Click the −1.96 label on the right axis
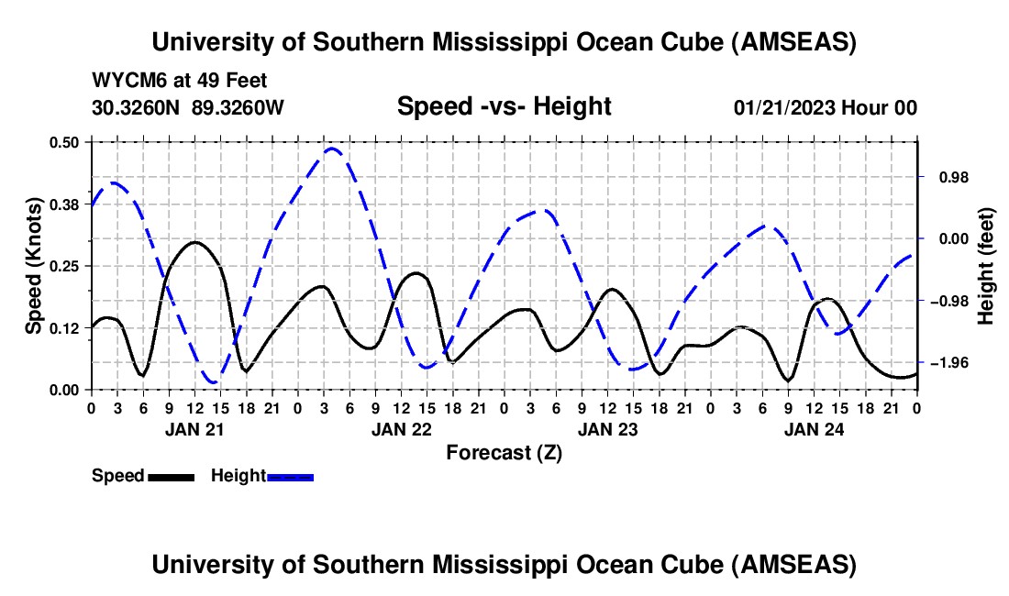point(948,363)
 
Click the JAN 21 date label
point(194,428)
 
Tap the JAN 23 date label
point(607,428)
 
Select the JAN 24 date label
point(814,428)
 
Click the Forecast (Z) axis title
point(504,452)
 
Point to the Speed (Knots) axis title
point(34,266)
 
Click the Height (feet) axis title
point(986,266)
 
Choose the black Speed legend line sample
point(170,476)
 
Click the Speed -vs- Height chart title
point(504,106)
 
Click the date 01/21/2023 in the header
point(782,107)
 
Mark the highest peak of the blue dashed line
point(332,148)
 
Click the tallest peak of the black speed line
point(194,242)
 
